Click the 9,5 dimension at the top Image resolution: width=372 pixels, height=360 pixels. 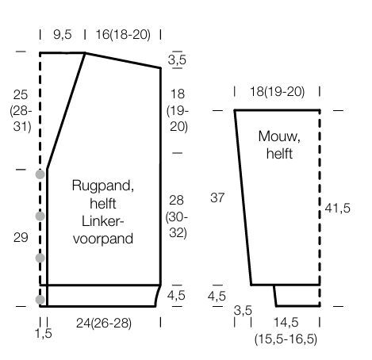(63, 35)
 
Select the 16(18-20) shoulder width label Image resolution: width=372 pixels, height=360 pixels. (123, 35)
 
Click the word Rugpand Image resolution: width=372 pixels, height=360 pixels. (102, 186)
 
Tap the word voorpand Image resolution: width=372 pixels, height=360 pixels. (103, 239)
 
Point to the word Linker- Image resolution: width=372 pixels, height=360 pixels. (102, 221)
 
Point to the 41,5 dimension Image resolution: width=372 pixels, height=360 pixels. (338, 208)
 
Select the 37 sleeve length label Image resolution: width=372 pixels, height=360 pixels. (217, 197)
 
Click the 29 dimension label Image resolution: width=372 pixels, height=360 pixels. (21, 237)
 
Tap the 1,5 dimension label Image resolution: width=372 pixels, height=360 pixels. (44, 334)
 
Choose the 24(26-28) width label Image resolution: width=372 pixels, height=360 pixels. (104, 323)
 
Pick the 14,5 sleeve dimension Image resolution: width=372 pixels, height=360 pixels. (286, 323)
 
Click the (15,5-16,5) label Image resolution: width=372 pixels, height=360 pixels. (286, 339)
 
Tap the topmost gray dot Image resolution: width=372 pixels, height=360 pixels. (40, 174)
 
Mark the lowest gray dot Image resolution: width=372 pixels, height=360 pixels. (40, 300)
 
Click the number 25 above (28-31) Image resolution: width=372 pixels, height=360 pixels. (21, 95)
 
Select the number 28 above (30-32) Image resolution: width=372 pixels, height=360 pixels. (176, 201)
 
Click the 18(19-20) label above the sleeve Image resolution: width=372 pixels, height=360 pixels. (277, 92)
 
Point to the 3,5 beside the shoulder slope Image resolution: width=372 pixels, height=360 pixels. (177, 59)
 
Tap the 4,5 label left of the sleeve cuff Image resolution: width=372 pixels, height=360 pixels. (217, 296)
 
